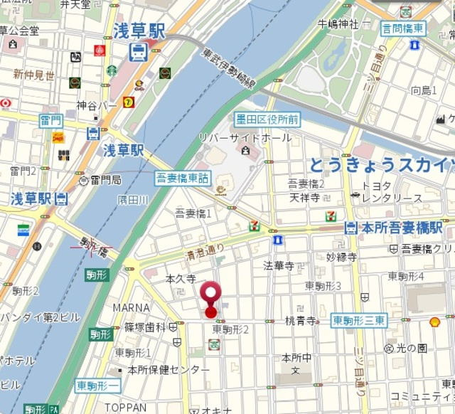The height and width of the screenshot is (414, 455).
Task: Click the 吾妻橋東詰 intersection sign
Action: coord(183,177)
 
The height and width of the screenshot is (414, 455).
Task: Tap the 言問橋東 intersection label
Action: coord(402,28)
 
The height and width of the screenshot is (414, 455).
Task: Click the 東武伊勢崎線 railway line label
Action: coord(229,68)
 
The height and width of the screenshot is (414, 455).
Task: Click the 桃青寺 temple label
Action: coord(301,322)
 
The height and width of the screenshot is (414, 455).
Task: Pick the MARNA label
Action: coord(132,307)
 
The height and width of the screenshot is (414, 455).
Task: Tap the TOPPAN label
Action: coord(124,408)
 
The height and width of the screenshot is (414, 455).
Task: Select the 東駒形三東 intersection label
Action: coord(359,322)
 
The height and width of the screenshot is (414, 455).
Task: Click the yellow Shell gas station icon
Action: coord(435,322)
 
